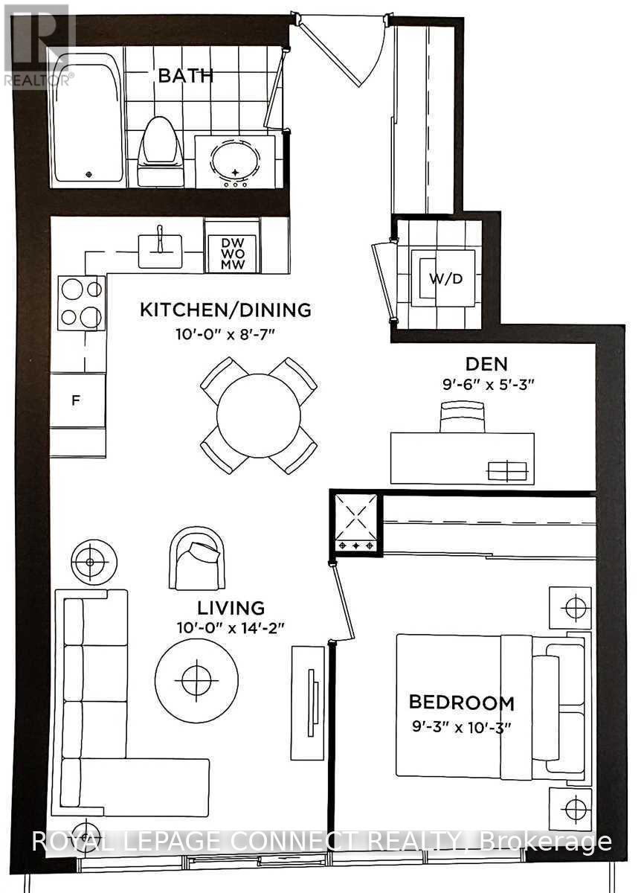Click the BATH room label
tap(186, 76)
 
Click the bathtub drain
tap(88, 174)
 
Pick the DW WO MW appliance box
tap(233, 253)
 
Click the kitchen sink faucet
tap(160, 239)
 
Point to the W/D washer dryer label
tap(445, 278)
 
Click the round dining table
tap(259, 416)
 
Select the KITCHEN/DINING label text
tap(226, 310)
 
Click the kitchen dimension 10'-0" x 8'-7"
tap(226, 334)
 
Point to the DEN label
tap(486, 364)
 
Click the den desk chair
tap(463, 417)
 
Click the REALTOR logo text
tap(38, 80)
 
